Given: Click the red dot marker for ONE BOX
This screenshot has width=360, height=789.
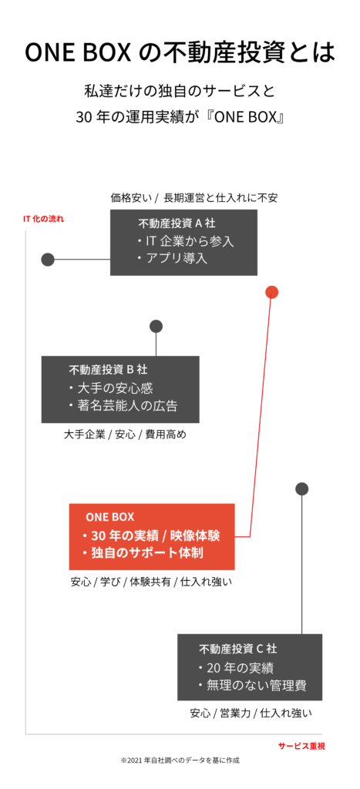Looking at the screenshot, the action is click(x=272, y=292).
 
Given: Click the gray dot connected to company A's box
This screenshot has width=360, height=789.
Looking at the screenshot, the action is click(x=48, y=260).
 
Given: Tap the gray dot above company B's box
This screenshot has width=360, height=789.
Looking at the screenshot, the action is click(x=156, y=326).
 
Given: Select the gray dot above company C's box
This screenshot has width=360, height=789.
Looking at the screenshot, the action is click(x=301, y=489).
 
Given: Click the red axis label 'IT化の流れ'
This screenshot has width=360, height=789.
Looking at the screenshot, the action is click(x=44, y=220).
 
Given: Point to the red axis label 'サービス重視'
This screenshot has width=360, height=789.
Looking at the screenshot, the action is click(x=301, y=746).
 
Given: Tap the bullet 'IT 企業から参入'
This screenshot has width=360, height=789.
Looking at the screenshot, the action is click(x=185, y=241).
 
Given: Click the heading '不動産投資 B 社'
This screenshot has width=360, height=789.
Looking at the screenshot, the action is click(x=108, y=370).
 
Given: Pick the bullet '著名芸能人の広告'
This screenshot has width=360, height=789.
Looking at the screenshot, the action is click(x=123, y=405).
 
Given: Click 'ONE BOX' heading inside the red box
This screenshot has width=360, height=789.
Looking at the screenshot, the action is click(x=109, y=517).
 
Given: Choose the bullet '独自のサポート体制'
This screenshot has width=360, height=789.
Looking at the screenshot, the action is click(x=143, y=552).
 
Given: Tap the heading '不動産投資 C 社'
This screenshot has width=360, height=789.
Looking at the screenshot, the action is click(x=237, y=649).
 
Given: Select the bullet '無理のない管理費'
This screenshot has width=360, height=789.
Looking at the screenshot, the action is click(x=252, y=685).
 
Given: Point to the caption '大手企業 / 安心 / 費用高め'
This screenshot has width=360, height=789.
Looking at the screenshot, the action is click(x=125, y=435).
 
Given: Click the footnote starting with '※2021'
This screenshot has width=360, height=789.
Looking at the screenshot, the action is click(x=180, y=760).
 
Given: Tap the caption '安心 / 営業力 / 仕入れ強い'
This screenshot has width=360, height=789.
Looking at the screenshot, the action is click(x=251, y=713).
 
